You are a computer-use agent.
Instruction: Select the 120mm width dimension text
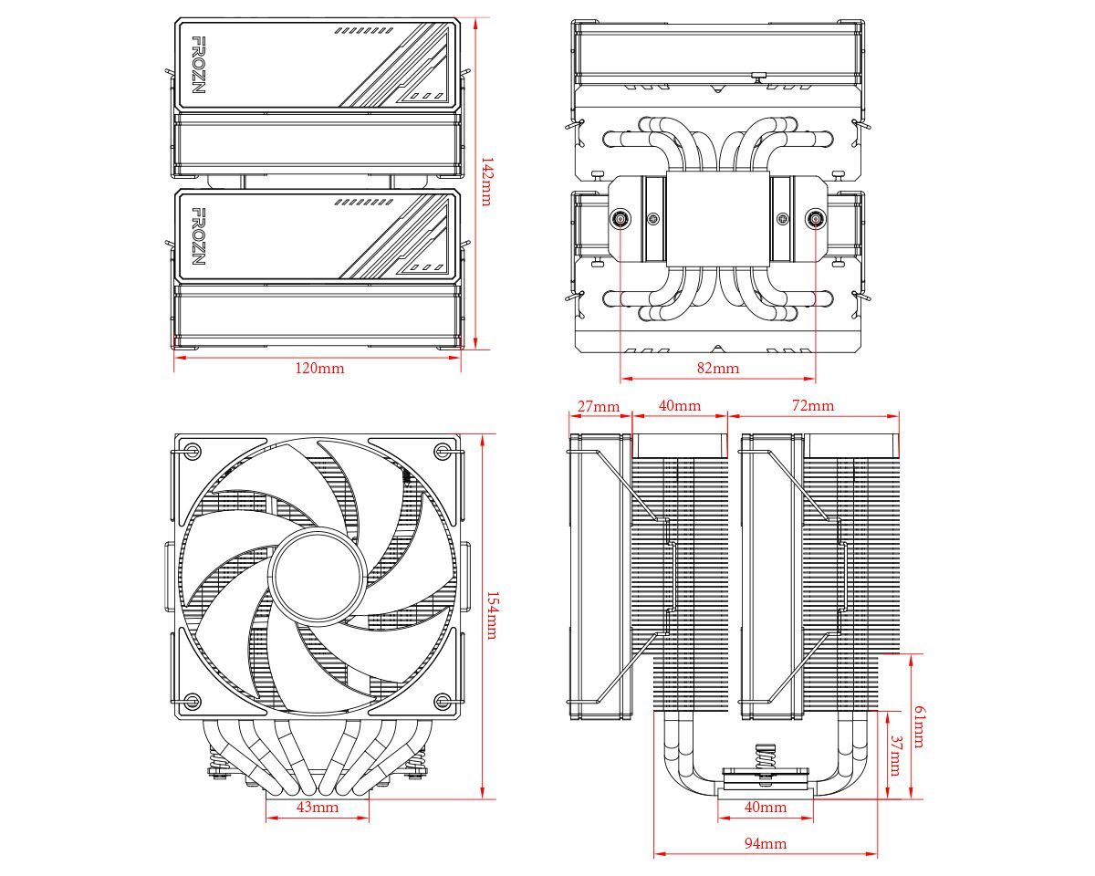coord(318,369)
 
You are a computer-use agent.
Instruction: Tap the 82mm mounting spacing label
coord(718,369)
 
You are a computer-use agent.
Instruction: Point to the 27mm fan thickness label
coord(599,405)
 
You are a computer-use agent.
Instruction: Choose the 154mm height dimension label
coord(491,615)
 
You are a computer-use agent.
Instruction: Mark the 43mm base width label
coord(318,808)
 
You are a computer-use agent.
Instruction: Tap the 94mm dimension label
coord(765,844)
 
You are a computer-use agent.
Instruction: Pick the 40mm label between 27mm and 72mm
coord(680,405)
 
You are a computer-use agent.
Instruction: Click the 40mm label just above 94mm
coord(765,808)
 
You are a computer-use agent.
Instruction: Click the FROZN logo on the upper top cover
coord(198,66)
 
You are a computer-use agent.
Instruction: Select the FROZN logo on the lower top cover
coord(198,236)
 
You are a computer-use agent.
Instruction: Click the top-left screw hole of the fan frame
coord(192,451)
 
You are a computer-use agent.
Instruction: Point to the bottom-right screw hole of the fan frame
coord(443,701)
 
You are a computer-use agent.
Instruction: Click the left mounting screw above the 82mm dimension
coord(620,219)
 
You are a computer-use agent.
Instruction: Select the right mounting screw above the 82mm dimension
coord(815,219)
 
